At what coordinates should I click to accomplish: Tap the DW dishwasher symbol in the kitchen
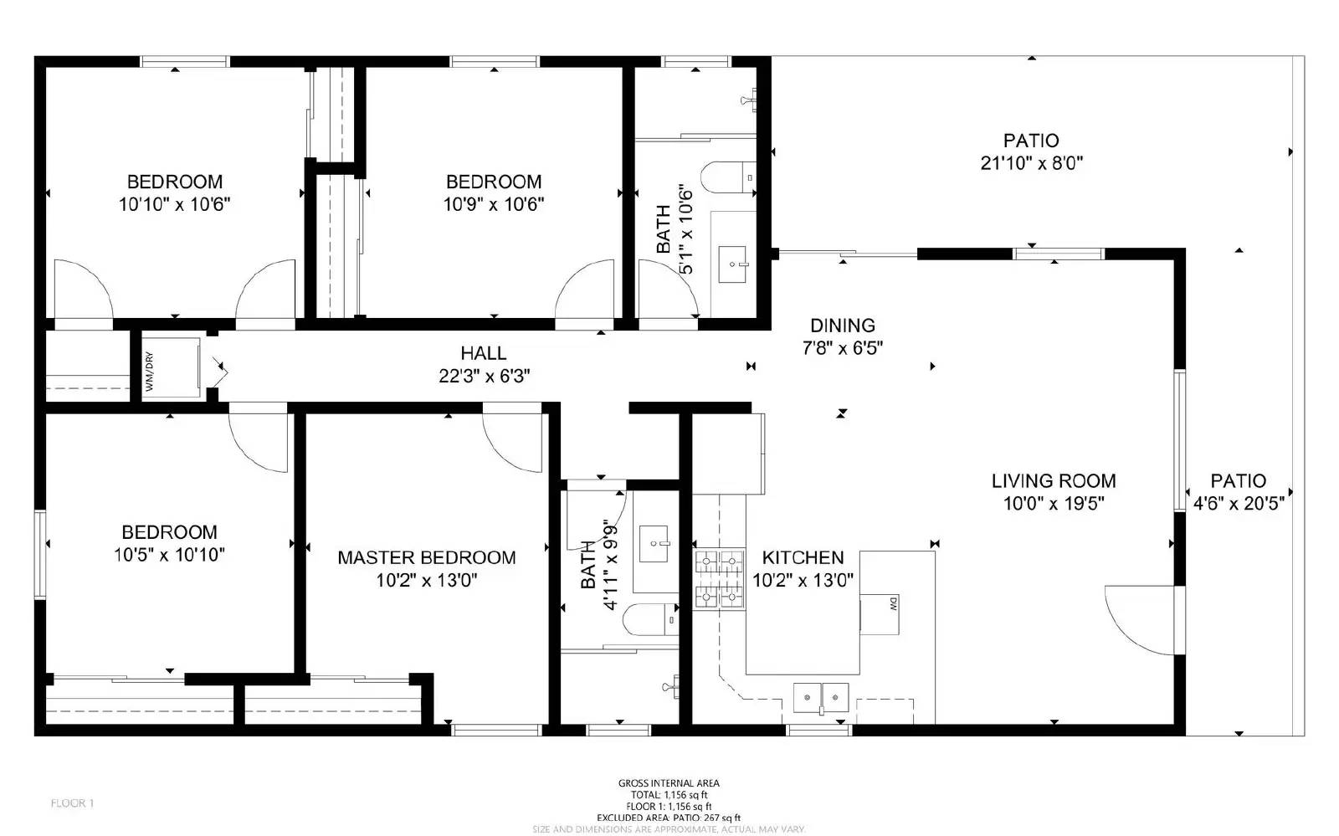[x=880, y=613]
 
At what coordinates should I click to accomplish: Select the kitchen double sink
[x=821, y=696]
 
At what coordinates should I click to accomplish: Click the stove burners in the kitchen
[x=719, y=578]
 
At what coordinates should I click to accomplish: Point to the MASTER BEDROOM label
[x=426, y=557]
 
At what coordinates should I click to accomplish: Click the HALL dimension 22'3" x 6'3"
[x=484, y=377]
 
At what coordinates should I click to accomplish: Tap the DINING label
[x=842, y=326]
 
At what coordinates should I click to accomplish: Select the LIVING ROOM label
[x=1053, y=481]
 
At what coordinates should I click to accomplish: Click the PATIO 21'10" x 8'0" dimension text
[x=1031, y=163]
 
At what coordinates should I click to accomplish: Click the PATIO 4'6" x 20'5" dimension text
[x=1238, y=504]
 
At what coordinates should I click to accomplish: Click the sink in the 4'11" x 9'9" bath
[x=654, y=543]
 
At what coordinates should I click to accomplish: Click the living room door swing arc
[x=1138, y=619]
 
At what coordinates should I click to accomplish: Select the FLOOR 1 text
[x=72, y=803]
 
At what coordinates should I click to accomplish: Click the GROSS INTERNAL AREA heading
[x=668, y=783]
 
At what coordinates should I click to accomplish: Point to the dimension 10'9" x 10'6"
[x=493, y=204]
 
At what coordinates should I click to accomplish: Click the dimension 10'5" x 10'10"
[x=169, y=555]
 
